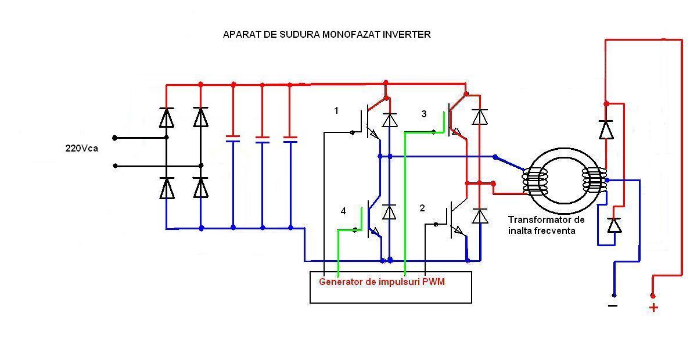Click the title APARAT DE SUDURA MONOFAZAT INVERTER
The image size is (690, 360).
tap(326, 34)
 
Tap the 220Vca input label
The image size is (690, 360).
tap(81, 148)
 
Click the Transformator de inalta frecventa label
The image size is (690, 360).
tap(546, 225)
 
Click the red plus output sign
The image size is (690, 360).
tap(653, 308)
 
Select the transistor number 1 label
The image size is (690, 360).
tap(336, 110)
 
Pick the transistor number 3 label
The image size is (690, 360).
tap(424, 114)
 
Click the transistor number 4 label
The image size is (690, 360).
tap(343, 211)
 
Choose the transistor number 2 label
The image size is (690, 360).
tap(422, 208)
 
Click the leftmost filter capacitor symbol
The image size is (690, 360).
tap(233, 139)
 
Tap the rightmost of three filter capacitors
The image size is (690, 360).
tap(290, 139)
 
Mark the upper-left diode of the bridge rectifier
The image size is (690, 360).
tap(167, 118)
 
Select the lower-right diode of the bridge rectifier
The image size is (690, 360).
tap(201, 188)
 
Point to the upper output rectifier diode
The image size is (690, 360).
tap(606, 129)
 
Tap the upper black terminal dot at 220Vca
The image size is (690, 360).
tap(115, 138)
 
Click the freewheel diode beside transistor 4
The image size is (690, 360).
tap(390, 212)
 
